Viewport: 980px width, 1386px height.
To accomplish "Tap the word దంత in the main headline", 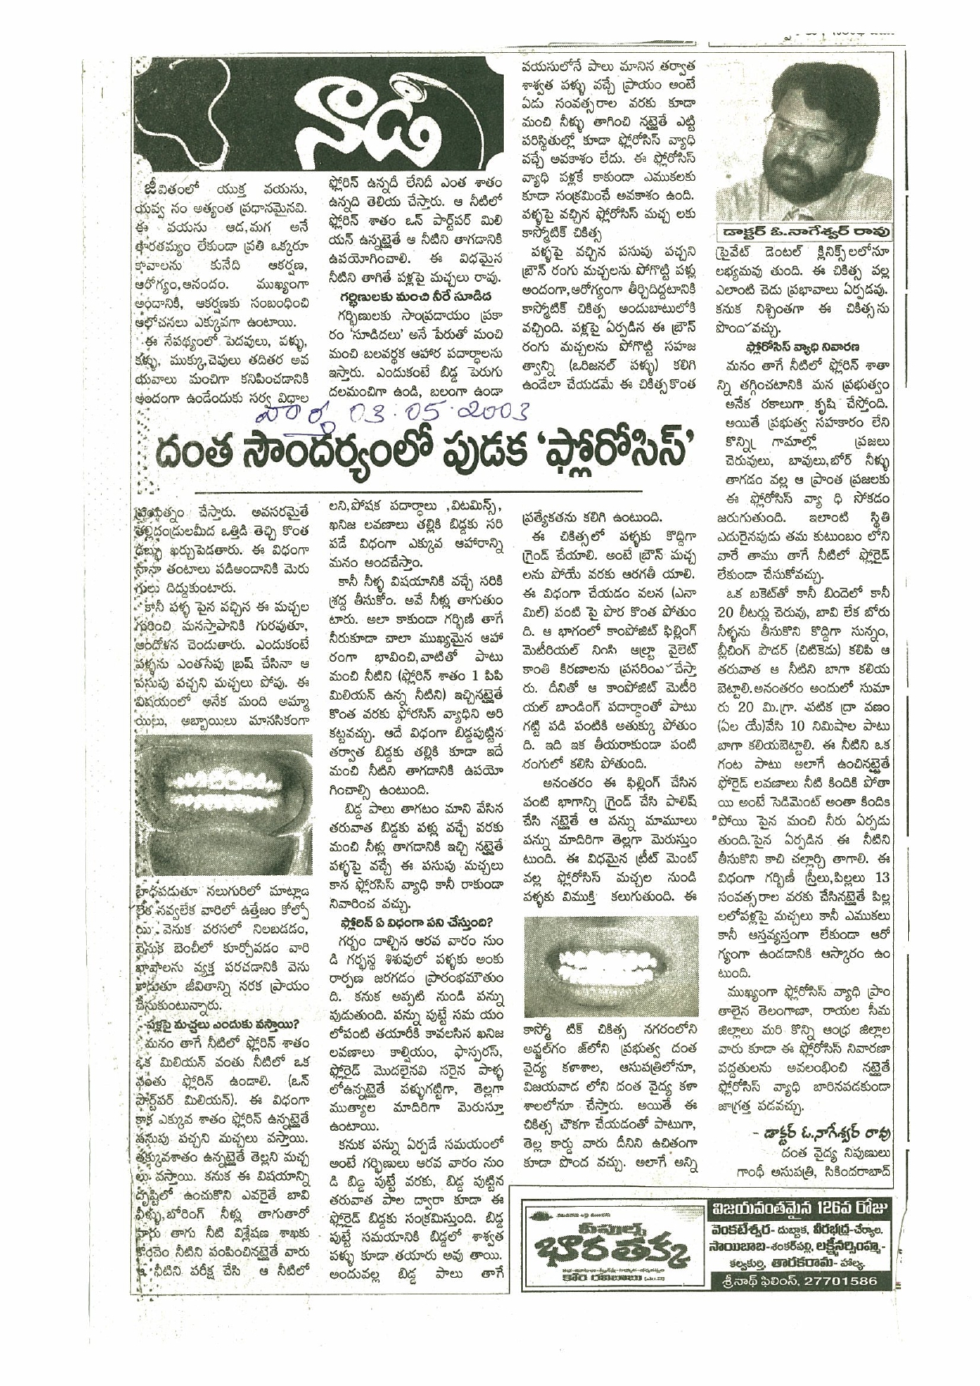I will (x=194, y=453).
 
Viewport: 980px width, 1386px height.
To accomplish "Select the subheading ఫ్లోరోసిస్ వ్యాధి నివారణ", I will (x=797, y=347).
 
